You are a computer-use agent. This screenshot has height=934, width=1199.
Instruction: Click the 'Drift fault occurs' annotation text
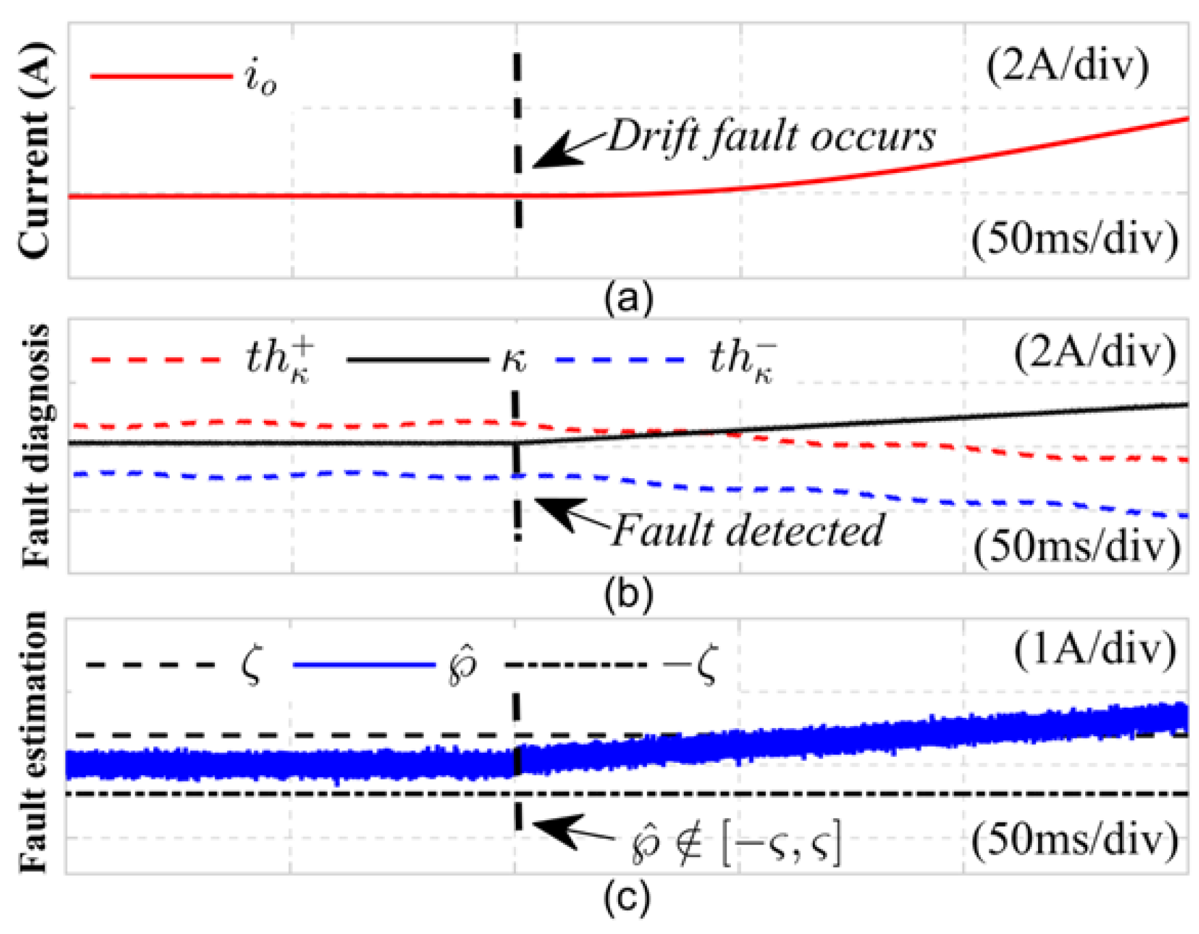[x=771, y=136]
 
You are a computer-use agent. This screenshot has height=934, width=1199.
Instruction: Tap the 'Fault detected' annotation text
[x=748, y=530]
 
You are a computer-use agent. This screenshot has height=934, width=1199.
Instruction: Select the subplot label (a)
[x=628, y=297]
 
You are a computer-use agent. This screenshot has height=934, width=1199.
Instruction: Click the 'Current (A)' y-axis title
[x=34, y=150]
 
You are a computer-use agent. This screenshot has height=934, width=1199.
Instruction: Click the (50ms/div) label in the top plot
[x=1074, y=239]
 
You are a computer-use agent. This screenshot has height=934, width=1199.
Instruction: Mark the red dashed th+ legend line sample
[x=156, y=360]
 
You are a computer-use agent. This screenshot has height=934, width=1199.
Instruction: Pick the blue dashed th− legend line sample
[x=620, y=360]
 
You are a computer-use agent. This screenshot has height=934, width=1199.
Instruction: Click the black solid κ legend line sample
[x=417, y=360]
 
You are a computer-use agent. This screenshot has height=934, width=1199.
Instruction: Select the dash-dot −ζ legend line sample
[x=576, y=665]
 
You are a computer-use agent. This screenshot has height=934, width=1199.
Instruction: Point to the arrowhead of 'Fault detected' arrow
[x=544, y=506]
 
